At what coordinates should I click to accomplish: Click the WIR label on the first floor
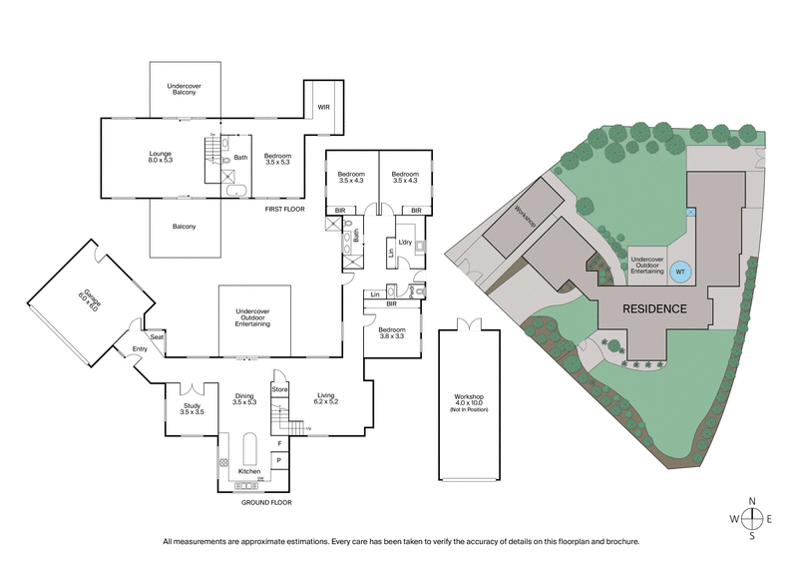(x=323, y=106)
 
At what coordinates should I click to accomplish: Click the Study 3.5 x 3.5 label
(x=192, y=408)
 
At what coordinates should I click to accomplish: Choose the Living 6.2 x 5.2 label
(x=327, y=399)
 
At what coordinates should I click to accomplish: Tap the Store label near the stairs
(x=279, y=387)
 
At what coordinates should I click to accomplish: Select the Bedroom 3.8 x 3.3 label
(x=393, y=332)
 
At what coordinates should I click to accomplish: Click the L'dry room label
(x=405, y=244)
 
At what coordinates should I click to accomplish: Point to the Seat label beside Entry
(x=157, y=337)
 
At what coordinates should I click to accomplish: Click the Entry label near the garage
(x=139, y=349)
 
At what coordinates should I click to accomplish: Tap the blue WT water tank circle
(x=680, y=271)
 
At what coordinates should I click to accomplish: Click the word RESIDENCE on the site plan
(x=654, y=308)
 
